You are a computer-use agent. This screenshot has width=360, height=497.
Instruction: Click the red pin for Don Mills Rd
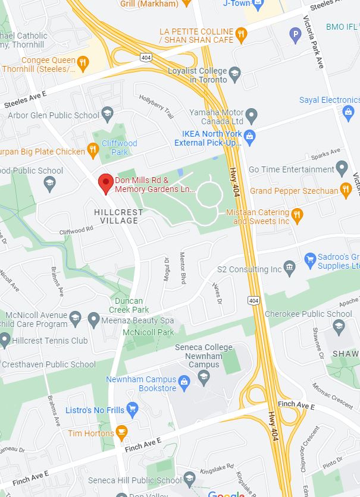[x=106, y=183]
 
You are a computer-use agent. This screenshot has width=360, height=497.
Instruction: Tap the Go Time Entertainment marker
[x=342, y=169]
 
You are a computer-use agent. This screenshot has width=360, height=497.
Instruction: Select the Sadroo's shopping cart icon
[x=309, y=260]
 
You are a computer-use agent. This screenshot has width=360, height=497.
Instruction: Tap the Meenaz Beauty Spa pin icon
[x=93, y=319]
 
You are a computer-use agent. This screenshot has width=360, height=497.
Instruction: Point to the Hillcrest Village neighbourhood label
[x=118, y=216]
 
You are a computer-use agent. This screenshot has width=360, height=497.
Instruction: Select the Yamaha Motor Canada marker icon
[x=252, y=114]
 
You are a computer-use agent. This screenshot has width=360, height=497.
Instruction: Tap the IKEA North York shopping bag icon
[x=250, y=137]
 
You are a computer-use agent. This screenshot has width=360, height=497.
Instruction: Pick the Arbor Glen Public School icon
[x=107, y=113]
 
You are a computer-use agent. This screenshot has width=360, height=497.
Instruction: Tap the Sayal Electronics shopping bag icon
[x=348, y=111]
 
